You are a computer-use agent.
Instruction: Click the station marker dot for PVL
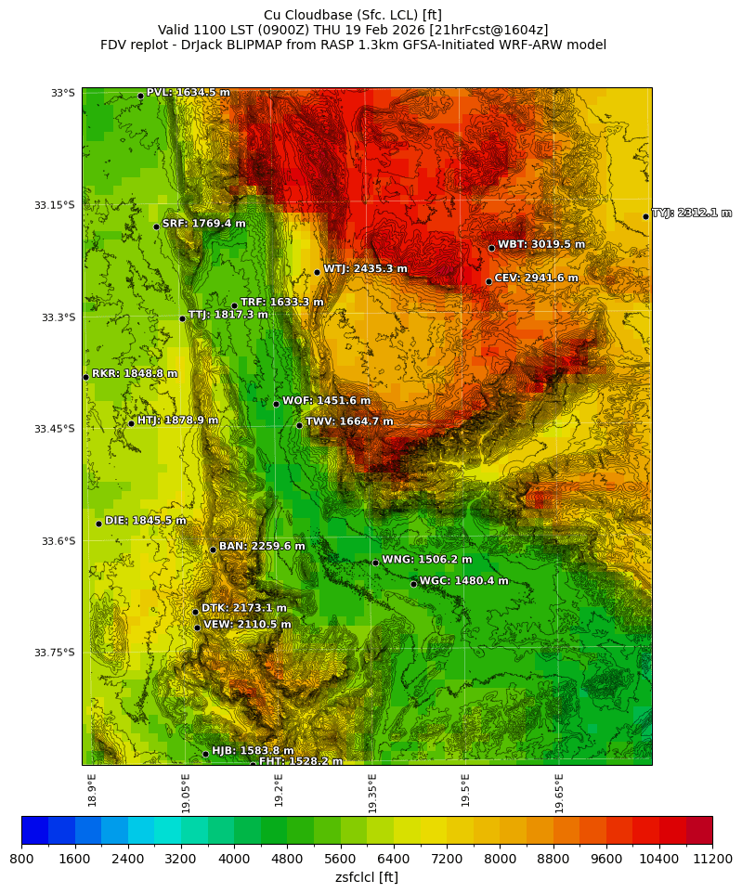point(140,96)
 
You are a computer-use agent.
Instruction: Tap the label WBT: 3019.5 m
point(541,245)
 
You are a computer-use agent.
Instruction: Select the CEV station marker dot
point(488,281)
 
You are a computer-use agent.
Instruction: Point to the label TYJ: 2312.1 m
point(691,214)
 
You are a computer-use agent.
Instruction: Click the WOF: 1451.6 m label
point(326,401)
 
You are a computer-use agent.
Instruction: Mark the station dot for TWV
point(299,425)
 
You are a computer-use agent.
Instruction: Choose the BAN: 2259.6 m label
point(262,547)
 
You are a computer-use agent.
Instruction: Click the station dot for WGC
point(413,584)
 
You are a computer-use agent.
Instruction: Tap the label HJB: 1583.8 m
point(253,751)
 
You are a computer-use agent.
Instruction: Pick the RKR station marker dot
point(85,377)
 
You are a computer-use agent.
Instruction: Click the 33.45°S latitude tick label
point(55,429)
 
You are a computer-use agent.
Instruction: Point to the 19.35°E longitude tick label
point(372,794)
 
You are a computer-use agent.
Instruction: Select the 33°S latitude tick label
point(62,93)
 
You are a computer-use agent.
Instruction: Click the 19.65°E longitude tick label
point(560,794)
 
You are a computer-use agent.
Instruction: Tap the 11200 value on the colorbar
point(712,860)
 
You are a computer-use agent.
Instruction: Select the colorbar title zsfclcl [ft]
point(367,877)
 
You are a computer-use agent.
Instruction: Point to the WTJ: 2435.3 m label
point(365,269)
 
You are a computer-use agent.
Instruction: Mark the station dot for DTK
point(195,612)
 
